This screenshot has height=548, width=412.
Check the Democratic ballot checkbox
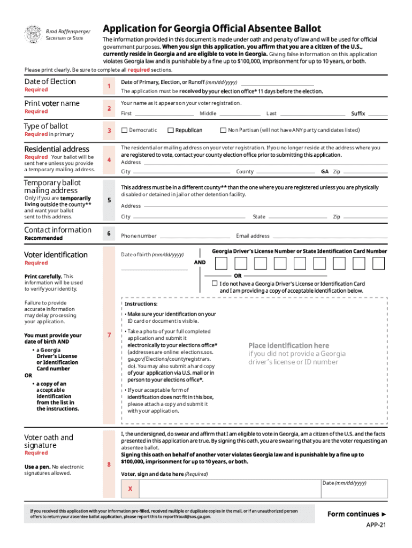(x=125, y=130)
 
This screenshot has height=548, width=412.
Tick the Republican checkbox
(x=171, y=130)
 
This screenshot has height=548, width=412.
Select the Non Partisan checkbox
(x=223, y=130)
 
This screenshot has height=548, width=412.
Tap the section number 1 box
(x=109, y=86)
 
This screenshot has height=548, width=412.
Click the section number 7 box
(x=109, y=335)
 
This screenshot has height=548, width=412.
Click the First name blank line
(x=163, y=115)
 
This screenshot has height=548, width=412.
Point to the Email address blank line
(x=329, y=237)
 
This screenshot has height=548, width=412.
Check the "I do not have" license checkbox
(x=215, y=283)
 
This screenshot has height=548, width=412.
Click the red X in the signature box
(x=130, y=489)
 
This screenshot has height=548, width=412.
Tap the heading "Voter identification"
(x=56, y=255)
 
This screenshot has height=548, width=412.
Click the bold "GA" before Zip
(x=325, y=172)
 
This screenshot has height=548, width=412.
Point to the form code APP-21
(x=376, y=526)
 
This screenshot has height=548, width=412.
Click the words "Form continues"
(x=353, y=514)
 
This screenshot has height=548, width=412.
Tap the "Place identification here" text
(x=288, y=346)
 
